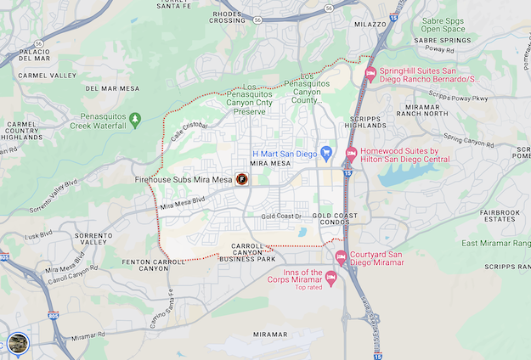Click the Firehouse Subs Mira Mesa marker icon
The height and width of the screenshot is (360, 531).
241,179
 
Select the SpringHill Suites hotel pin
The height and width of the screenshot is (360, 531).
370,75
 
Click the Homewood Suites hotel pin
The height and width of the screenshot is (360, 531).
350,154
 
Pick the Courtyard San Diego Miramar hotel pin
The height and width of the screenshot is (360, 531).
341,256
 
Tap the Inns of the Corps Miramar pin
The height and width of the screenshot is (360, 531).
331,277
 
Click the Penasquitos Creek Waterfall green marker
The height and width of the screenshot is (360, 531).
134,119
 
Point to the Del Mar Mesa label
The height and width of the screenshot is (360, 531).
112,88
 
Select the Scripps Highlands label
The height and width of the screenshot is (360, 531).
365,121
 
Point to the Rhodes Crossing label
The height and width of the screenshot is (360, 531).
228,16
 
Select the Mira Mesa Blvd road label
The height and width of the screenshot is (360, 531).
183,203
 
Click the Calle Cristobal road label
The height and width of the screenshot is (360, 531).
189,130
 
